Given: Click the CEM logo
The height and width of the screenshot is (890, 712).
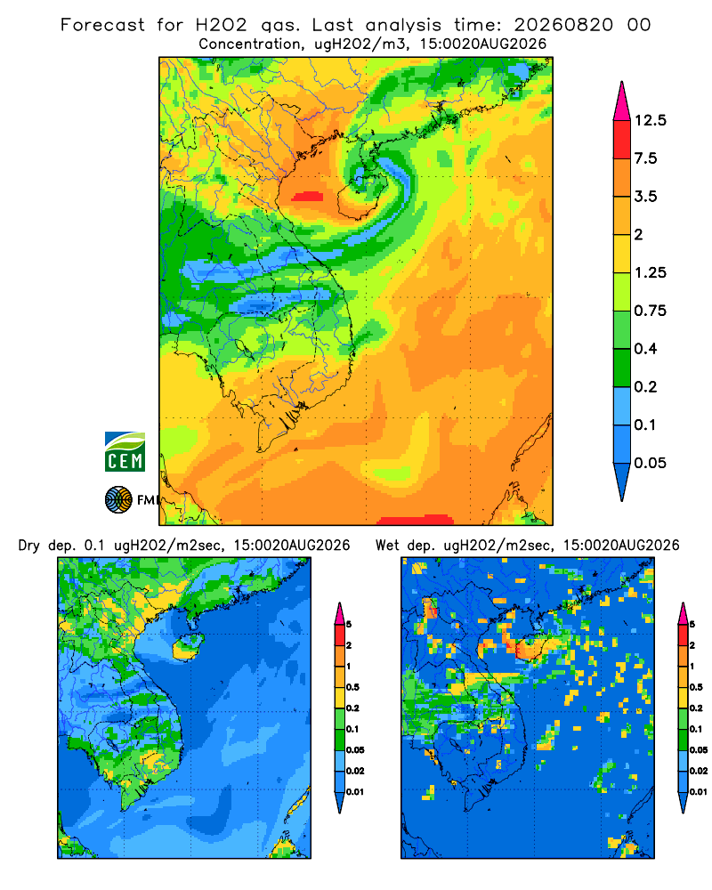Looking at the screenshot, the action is coord(125,451).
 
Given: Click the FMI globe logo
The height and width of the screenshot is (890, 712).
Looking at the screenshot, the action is coord(118,499).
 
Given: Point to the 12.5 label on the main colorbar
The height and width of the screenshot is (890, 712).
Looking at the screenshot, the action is coord(650,120).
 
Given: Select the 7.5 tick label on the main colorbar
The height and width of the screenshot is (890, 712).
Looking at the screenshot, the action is coord(645,158).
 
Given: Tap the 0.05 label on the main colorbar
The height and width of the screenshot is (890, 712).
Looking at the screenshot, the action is coord(650,463).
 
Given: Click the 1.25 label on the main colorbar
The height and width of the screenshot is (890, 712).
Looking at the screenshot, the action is coord(650,272).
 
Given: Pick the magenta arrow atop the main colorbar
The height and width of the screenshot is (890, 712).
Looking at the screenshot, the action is coord(622,101).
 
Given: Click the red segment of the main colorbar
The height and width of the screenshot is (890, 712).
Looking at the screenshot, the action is coord(622,140).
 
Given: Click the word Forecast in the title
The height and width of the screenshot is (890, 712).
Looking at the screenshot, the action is coord(102,25).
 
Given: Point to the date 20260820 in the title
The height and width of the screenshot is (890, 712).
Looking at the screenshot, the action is coord(563,25).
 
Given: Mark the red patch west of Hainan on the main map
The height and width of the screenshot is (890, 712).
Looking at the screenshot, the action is coord(307,197).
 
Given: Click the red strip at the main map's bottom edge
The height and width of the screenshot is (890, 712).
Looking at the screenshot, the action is coord(416,520).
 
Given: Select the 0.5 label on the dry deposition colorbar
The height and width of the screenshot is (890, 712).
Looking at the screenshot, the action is coord(352,687).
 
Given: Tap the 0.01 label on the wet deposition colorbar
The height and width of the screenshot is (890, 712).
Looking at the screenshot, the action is coord(699,792).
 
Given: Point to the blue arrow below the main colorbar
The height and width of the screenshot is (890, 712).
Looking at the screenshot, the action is coord(622,481).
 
